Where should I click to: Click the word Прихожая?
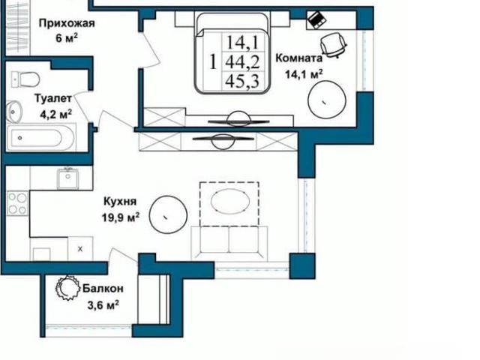[67, 23]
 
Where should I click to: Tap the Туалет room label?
[53, 98]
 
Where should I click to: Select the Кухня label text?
[120, 202]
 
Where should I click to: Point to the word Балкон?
[103, 288]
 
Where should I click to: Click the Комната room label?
[298, 58]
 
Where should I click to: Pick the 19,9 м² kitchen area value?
[121, 217]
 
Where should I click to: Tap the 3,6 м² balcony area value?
[103, 305]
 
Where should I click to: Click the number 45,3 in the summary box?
[242, 81]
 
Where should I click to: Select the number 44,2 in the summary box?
[242, 62]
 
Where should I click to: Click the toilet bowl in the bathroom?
[25, 79]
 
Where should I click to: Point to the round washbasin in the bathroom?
[14, 112]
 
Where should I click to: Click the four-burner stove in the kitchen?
[18, 203]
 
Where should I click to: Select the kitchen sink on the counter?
[67, 178]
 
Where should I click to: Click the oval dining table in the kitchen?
[230, 201]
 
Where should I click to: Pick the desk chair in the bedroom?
[333, 45]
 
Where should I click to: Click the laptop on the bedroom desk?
[316, 19]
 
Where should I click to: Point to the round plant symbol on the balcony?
[66, 288]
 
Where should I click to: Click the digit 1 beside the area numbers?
[213, 61]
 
